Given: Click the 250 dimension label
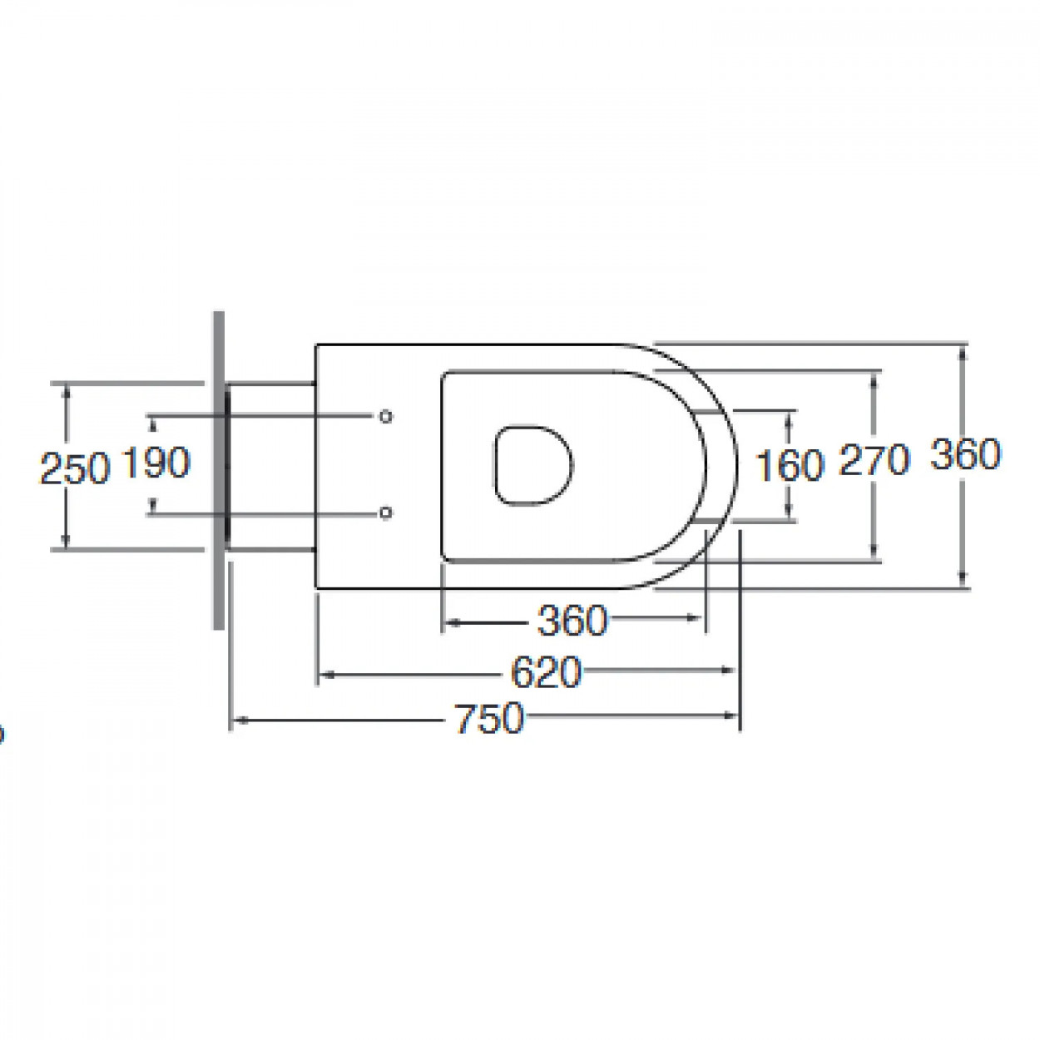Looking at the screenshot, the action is click(x=75, y=468).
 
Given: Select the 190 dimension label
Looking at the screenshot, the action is click(x=156, y=462).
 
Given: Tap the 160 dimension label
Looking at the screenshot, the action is click(x=790, y=465).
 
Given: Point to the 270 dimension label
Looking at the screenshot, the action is click(x=874, y=460).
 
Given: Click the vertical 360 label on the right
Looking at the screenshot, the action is click(x=966, y=454).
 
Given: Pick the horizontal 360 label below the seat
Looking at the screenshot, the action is click(x=572, y=621).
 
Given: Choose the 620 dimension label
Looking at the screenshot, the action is click(x=546, y=672).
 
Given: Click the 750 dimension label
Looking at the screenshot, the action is click(x=489, y=718).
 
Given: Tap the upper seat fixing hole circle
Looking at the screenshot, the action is click(x=385, y=416).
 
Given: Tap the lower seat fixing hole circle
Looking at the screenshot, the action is click(x=385, y=513).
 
